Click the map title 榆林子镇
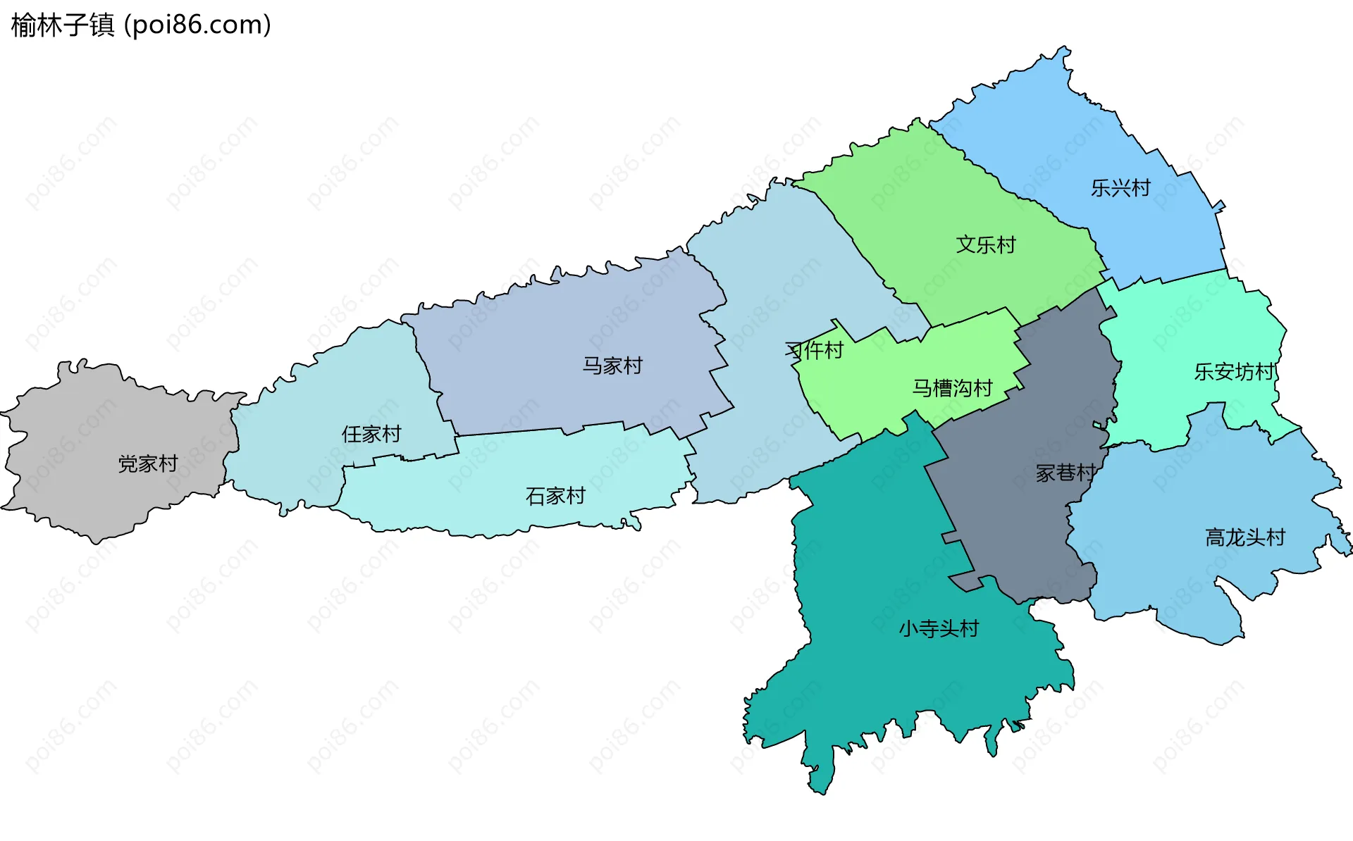pyautogui.click(x=62, y=25)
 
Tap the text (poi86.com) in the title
pyautogui.click(x=197, y=25)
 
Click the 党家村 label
pyautogui.click(x=148, y=463)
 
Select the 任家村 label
pyautogui.click(x=371, y=434)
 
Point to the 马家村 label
pyautogui.click(x=612, y=366)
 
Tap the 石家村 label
pyautogui.click(x=555, y=496)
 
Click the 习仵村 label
pyautogui.click(x=815, y=350)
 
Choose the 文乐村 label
pyautogui.click(x=986, y=244)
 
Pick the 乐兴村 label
pyautogui.click(x=1120, y=188)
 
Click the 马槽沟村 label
pyautogui.click(x=952, y=387)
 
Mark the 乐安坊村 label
pyautogui.click(x=1235, y=371)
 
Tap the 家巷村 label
pyautogui.click(x=1065, y=473)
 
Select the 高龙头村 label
pyautogui.click(x=1245, y=537)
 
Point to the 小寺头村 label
pyautogui.click(x=939, y=628)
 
